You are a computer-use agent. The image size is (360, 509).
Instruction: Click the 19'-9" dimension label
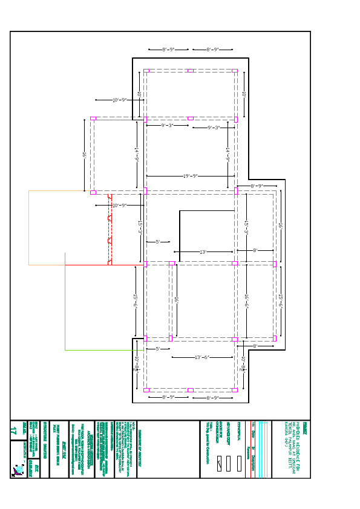coord(190,176)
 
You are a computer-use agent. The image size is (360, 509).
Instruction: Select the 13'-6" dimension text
coord(201,357)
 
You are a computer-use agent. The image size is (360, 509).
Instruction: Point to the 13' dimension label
coord(203,252)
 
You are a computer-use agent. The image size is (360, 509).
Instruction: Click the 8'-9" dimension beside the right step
coord(257,186)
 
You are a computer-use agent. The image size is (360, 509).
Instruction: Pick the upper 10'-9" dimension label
coord(119,100)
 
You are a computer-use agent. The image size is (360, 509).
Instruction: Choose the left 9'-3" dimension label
coord(167,126)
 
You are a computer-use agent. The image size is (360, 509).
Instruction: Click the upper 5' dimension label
coord(158,242)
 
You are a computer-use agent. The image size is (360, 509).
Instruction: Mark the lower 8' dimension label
coord(255,346)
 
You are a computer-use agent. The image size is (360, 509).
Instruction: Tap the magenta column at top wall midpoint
coord(190,71)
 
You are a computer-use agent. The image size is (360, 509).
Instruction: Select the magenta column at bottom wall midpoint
coord(190,390)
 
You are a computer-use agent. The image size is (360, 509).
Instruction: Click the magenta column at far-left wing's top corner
coord(93,118)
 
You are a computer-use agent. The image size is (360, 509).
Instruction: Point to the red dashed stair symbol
coord(110,230)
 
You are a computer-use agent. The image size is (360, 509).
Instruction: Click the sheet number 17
coord(14,430)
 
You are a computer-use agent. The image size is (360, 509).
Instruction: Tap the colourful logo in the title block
coord(19,469)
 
